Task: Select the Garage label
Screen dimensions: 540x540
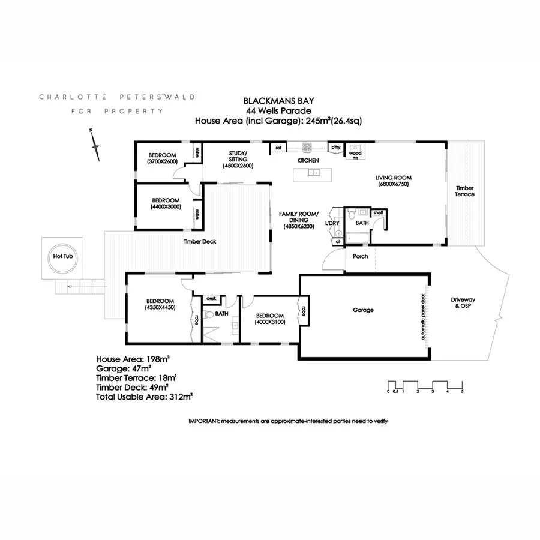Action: (363, 310)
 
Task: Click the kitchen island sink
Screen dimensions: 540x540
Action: (313, 173)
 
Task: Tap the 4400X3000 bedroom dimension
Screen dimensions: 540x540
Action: (165, 207)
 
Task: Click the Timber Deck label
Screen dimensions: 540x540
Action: (200, 242)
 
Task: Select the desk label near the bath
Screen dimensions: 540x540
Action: (211, 298)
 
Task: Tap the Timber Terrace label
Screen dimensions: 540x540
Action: (465, 191)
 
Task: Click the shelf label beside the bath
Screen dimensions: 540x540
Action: (378, 212)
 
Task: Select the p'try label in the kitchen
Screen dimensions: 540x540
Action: (335, 147)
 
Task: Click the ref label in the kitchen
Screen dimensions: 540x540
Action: (278, 147)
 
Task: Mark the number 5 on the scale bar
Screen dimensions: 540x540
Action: (462, 391)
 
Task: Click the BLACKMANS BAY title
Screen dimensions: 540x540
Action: (278, 102)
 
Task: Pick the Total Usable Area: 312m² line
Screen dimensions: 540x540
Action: (143, 396)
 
